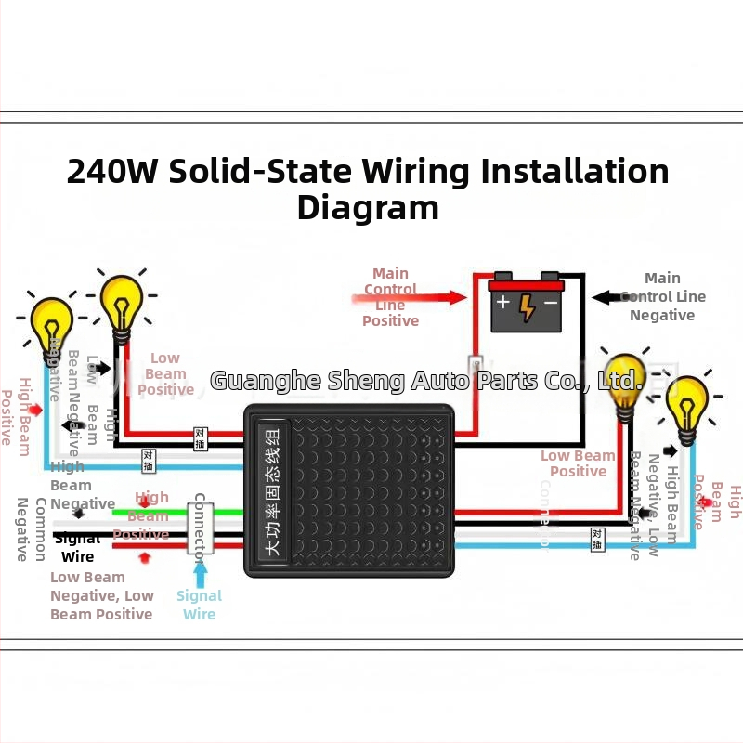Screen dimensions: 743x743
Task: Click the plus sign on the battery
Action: pos(502,303)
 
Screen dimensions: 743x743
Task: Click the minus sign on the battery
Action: pos(551,303)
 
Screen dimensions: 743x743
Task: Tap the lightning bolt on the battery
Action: pos(527,307)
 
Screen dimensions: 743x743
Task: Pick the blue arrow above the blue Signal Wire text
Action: pos(200,569)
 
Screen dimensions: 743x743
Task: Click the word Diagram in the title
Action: pos(368,207)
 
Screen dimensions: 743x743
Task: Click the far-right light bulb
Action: pos(687,405)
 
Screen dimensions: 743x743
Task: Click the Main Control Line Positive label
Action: pos(390,297)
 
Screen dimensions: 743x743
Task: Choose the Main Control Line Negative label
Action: pos(662,296)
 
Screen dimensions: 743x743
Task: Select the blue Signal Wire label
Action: pos(200,605)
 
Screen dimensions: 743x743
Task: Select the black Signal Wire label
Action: pos(78,548)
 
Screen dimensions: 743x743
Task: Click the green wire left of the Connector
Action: pos(149,512)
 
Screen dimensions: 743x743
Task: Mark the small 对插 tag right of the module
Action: pos(597,539)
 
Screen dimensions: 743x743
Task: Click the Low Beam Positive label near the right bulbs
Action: pos(578,463)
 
